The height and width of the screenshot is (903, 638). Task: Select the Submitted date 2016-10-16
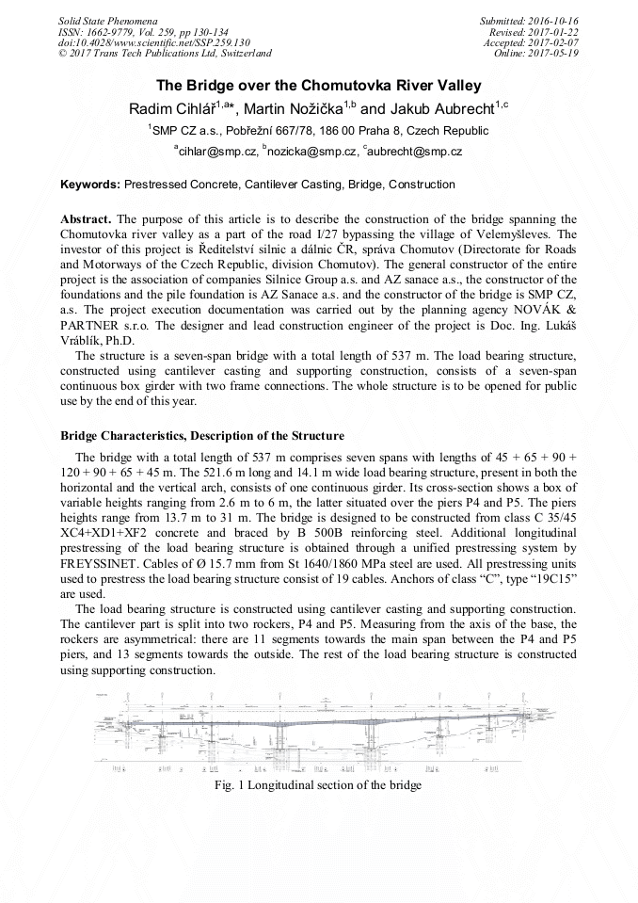tap(552, 20)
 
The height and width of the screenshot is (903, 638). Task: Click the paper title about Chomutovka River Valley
tap(318, 85)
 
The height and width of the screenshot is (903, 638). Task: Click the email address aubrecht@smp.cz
tap(416, 151)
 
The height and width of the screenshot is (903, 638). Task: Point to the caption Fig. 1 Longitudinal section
tap(318, 784)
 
